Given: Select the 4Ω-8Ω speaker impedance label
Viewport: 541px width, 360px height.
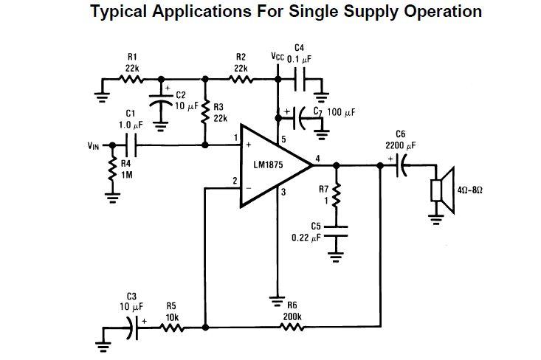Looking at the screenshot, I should (471, 190).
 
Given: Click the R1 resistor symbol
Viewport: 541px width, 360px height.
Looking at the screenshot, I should (132, 79).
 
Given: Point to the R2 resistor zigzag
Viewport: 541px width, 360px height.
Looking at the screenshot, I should (241, 79).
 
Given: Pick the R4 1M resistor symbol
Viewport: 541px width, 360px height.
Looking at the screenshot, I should (113, 172).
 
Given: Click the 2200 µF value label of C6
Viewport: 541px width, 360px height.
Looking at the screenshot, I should (400, 145).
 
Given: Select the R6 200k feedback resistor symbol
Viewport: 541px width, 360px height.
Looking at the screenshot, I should (292, 326).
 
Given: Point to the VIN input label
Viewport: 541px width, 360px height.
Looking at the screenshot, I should (94, 145).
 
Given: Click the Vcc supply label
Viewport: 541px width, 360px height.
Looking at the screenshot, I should (278, 57).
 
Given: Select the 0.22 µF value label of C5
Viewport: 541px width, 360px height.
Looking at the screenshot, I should (306, 238).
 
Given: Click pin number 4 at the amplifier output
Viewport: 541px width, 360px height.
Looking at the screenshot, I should (317, 158).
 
